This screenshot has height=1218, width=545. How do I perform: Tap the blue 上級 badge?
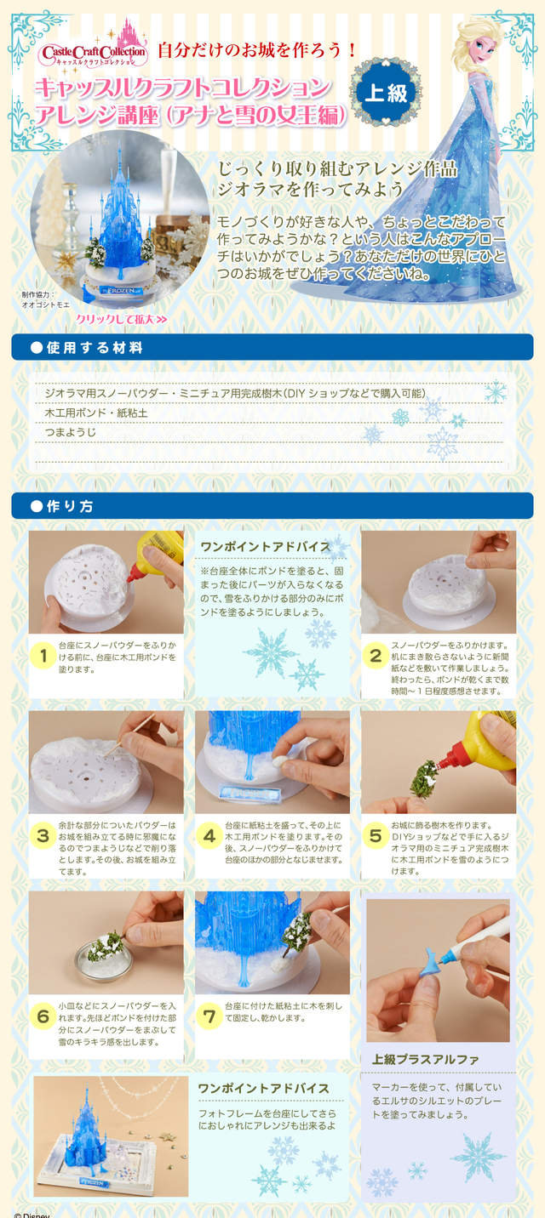click(x=386, y=93)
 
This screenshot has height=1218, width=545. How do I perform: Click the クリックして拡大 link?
click(x=122, y=319)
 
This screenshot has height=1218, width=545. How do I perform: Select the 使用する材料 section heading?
click(x=95, y=348)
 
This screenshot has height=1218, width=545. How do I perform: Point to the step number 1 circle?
click(x=44, y=656)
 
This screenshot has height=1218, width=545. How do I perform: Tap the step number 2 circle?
click(x=376, y=656)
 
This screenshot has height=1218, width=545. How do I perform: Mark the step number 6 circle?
click(x=44, y=1016)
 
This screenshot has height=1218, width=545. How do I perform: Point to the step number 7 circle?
click(x=209, y=1016)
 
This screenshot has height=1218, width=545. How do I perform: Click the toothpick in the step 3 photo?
click(x=126, y=734)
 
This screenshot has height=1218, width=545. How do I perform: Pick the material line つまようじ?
click(x=71, y=432)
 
